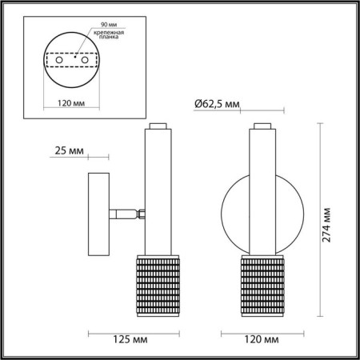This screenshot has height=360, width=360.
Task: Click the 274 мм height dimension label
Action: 329,222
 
